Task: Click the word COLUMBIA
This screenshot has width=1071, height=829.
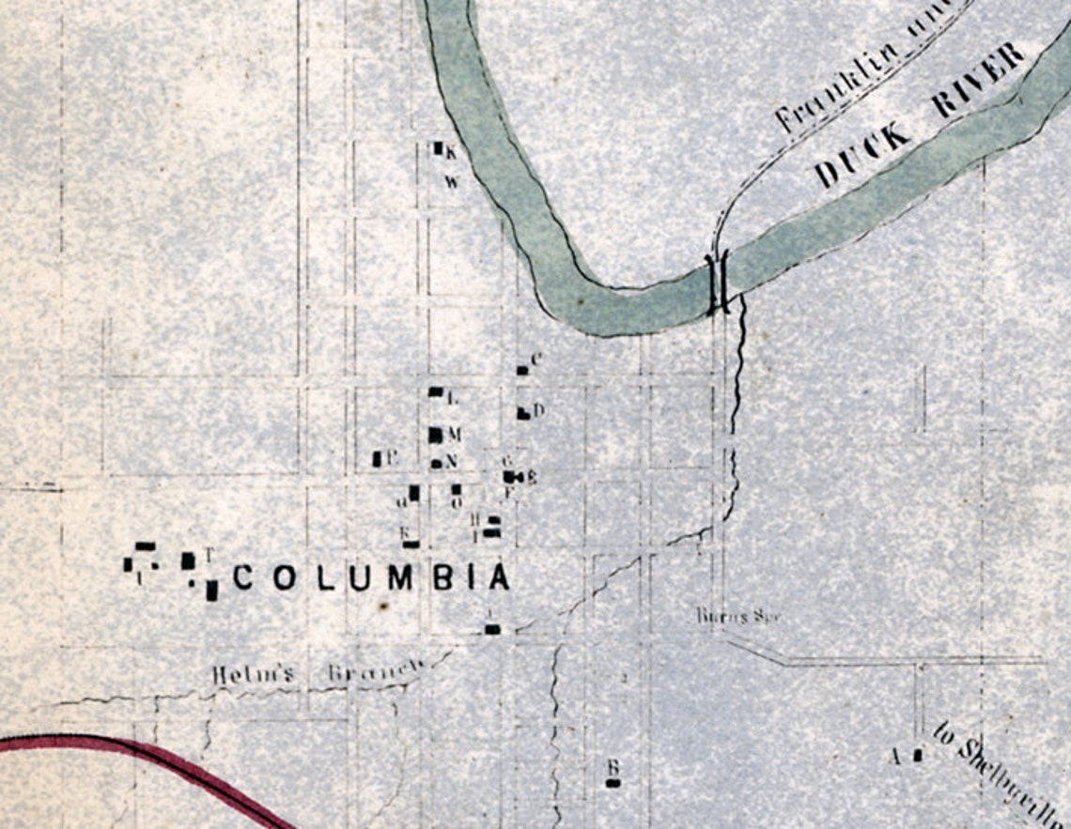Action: coord(371,578)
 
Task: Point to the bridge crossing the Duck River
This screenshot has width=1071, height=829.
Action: coord(718,281)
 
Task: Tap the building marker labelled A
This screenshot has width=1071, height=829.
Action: coord(918,754)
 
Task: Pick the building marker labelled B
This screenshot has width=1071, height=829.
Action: coord(613,782)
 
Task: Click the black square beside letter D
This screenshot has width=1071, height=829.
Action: coord(522,412)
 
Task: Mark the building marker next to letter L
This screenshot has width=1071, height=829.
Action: coord(435,391)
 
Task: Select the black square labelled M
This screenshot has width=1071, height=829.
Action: coord(435,435)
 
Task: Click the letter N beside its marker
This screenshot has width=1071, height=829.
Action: coord(451,461)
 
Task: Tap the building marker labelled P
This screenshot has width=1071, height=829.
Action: coord(377,459)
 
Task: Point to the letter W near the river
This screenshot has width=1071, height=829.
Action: coord(452,182)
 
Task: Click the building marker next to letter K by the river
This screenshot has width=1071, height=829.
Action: coord(437,147)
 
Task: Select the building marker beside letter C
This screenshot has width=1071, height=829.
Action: coord(522,370)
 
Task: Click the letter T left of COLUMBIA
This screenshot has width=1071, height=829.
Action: coord(210,554)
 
